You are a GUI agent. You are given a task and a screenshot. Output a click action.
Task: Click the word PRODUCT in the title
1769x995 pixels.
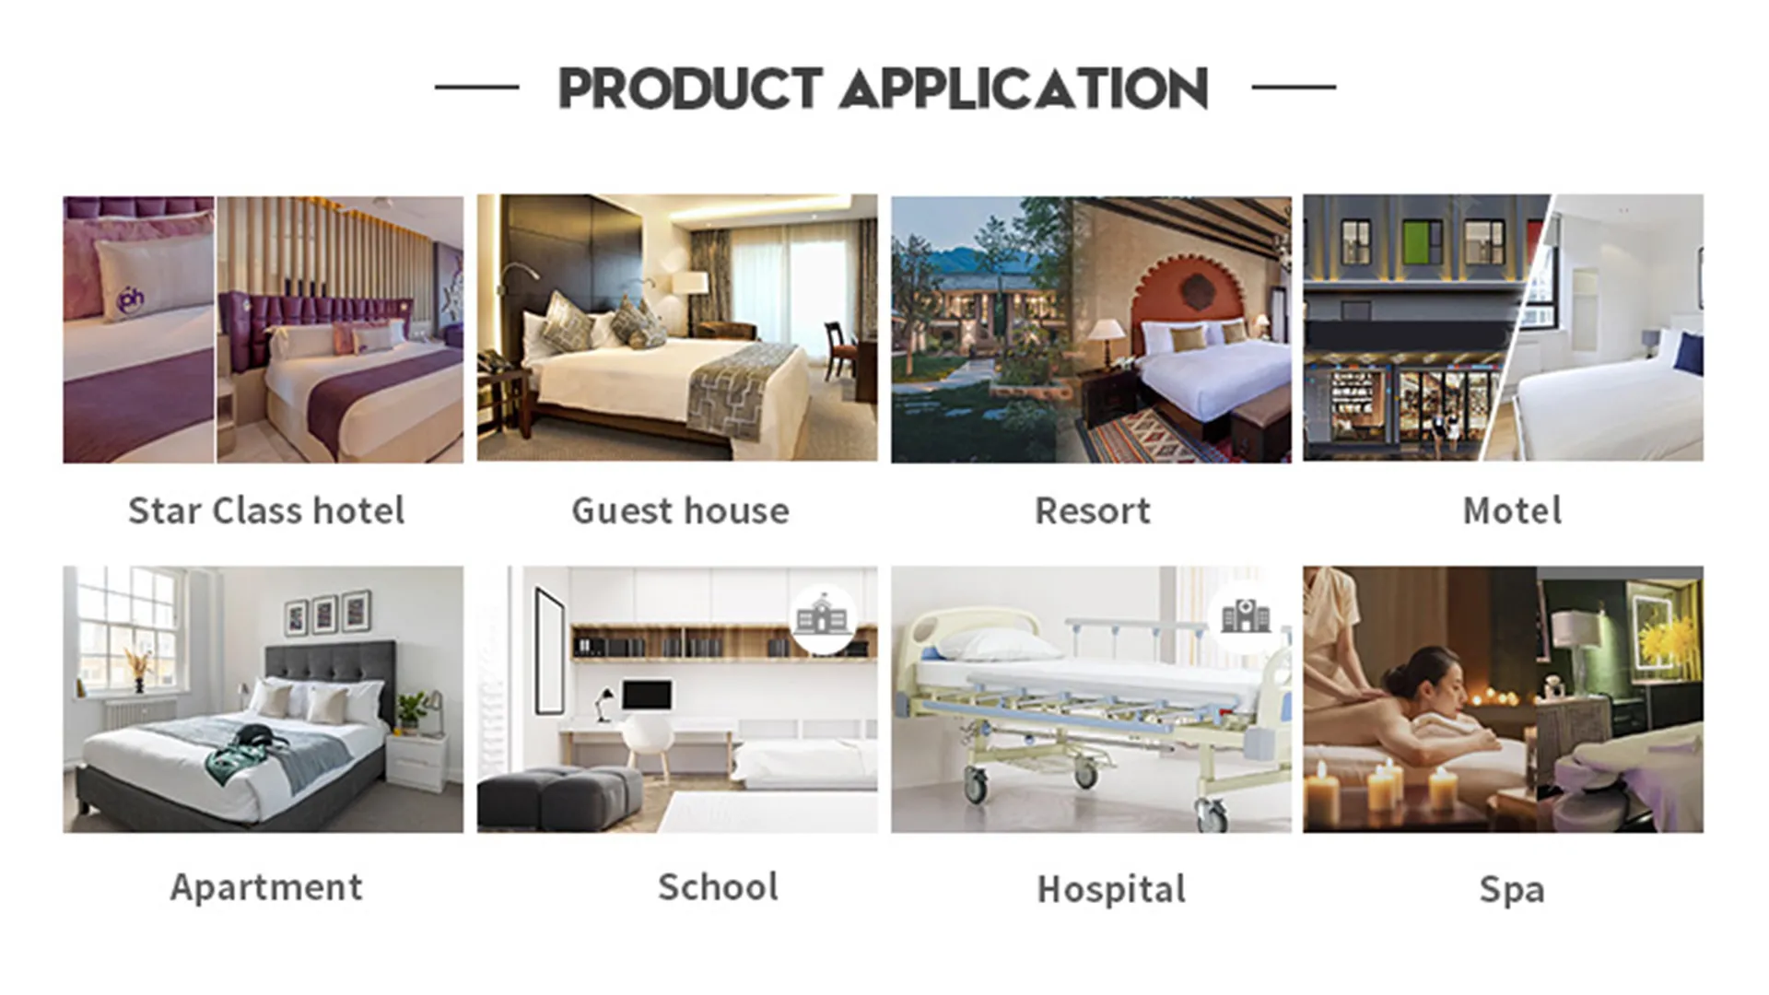(690, 89)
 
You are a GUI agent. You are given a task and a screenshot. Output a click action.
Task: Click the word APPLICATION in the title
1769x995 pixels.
(1024, 89)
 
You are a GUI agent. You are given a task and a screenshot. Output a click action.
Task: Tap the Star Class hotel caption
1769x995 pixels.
(266, 511)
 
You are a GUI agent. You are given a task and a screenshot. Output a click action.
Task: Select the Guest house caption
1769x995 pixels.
(680, 511)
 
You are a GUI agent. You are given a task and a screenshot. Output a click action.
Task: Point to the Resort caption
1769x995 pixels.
(1093, 511)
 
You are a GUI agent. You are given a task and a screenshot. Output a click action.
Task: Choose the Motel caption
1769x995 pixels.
(1512, 511)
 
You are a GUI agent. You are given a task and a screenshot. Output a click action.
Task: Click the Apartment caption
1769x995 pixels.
(266, 887)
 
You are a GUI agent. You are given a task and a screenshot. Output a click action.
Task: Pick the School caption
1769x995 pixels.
(718, 887)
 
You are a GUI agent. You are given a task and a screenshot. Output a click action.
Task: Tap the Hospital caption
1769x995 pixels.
(1111, 890)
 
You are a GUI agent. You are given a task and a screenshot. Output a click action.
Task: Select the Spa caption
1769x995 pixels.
(1512, 890)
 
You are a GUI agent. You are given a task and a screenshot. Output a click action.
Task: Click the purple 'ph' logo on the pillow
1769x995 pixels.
(132, 298)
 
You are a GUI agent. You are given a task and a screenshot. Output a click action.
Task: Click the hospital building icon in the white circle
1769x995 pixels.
(1245, 615)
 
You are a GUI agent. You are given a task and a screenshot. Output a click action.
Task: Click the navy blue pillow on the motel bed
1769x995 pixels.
(1689, 353)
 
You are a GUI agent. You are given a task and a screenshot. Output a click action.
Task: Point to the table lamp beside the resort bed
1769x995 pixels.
(1107, 334)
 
